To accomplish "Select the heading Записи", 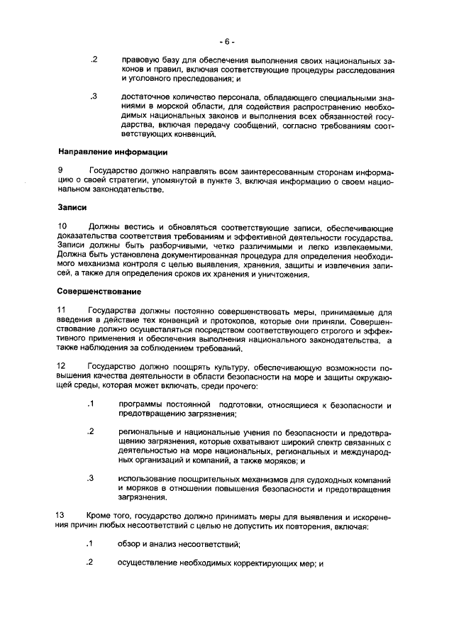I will click(72, 208).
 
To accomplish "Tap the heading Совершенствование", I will click(99, 292).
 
